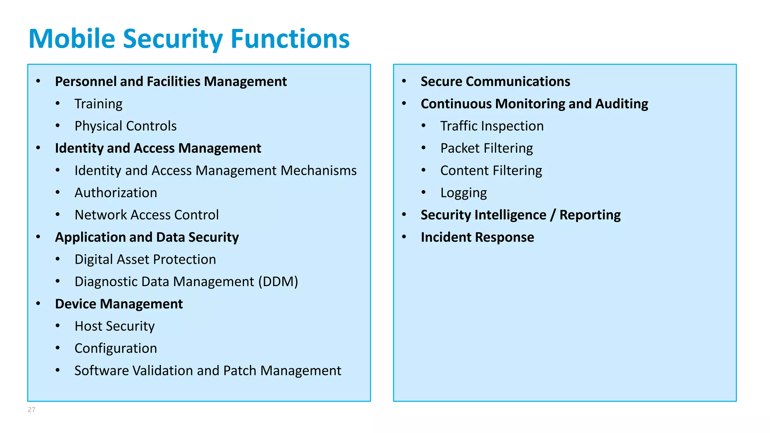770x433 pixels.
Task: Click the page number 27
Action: [32, 410]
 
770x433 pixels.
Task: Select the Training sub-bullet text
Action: [99, 104]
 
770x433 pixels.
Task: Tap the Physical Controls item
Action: [126, 126]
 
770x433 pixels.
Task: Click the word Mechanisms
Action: [318, 171]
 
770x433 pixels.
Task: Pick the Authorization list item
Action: [116, 193]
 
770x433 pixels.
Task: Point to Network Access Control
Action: [147, 215]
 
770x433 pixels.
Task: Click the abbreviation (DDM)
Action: [278, 282]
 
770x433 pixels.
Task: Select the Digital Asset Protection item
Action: [145, 260]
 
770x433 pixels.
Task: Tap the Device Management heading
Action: [119, 304]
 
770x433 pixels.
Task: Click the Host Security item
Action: [115, 326]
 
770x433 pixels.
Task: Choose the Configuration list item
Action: [116, 348]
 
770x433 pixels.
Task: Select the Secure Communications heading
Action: [495, 82]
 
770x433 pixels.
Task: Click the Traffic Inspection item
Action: [492, 126]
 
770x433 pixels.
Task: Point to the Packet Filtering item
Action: [487, 148]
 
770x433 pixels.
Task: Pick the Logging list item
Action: [464, 193]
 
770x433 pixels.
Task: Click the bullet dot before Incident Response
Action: [404, 237]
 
